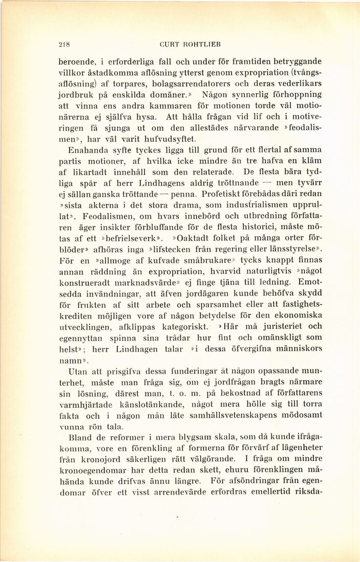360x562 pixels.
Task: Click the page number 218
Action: point(64,44)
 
